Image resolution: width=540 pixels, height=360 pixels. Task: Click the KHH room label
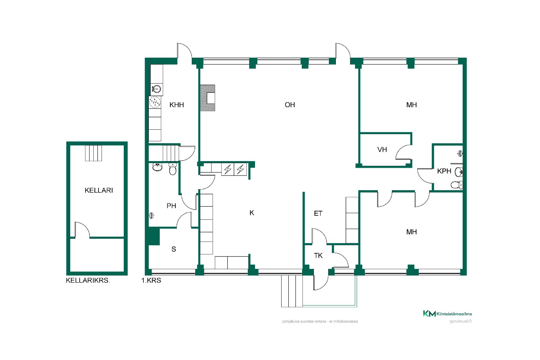click(177, 105)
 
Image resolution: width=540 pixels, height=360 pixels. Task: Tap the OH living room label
click(290, 105)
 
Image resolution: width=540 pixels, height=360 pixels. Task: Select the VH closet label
click(382, 150)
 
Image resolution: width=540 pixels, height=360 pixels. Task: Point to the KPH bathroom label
click(444, 171)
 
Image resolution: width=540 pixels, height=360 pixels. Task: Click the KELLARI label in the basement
click(99, 190)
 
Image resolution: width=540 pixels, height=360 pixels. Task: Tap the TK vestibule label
click(318, 256)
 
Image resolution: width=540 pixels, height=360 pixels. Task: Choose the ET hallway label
click(318, 213)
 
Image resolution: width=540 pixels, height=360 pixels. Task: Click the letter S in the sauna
click(174, 249)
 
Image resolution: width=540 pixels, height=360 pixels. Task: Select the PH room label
click(171, 206)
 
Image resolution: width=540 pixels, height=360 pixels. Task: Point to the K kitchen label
click(252, 213)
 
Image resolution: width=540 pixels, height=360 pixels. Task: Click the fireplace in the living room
click(208, 98)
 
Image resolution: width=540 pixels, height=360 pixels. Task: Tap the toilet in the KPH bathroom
click(456, 185)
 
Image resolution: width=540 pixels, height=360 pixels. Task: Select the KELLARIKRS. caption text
click(88, 280)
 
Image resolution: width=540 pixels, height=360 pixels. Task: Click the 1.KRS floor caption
click(151, 280)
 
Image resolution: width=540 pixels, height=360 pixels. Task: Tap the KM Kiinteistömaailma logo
click(447, 314)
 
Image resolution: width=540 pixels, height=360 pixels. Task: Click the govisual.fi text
click(461, 321)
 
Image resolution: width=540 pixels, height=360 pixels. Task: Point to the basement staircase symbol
click(93, 153)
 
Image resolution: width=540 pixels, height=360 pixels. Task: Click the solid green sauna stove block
click(154, 236)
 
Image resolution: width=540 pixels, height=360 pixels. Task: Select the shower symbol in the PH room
click(152, 216)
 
